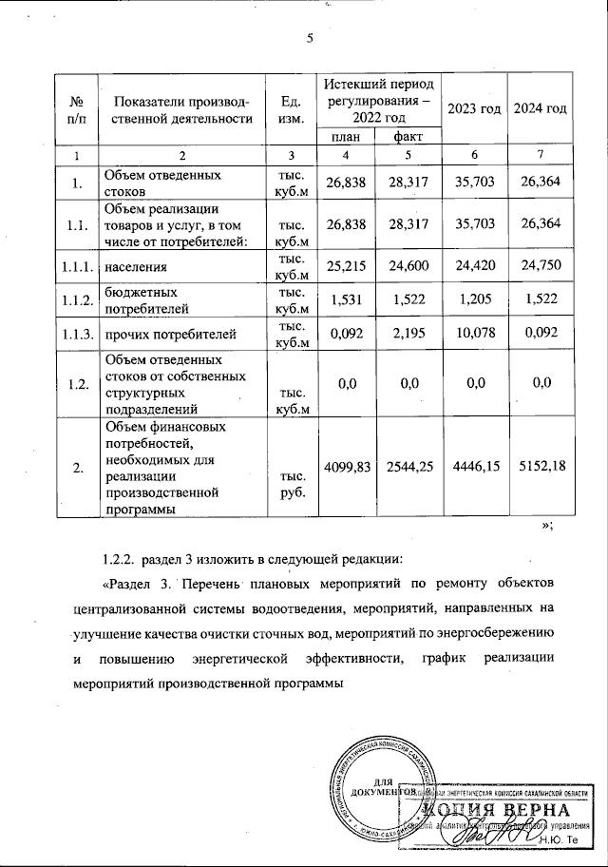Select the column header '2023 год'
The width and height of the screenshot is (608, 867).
[x=474, y=108]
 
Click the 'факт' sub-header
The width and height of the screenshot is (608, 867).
[x=408, y=138]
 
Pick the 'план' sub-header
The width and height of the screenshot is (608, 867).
[x=345, y=138]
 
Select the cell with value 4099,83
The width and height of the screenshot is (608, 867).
[x=346, y=466]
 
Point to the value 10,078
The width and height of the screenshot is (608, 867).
[x=474, y=334]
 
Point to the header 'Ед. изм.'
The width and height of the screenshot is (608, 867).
[x=290, y=109]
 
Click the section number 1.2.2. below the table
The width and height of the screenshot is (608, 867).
[x=122, y=557]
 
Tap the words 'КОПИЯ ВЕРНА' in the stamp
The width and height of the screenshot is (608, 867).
[x=496, y=810]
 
